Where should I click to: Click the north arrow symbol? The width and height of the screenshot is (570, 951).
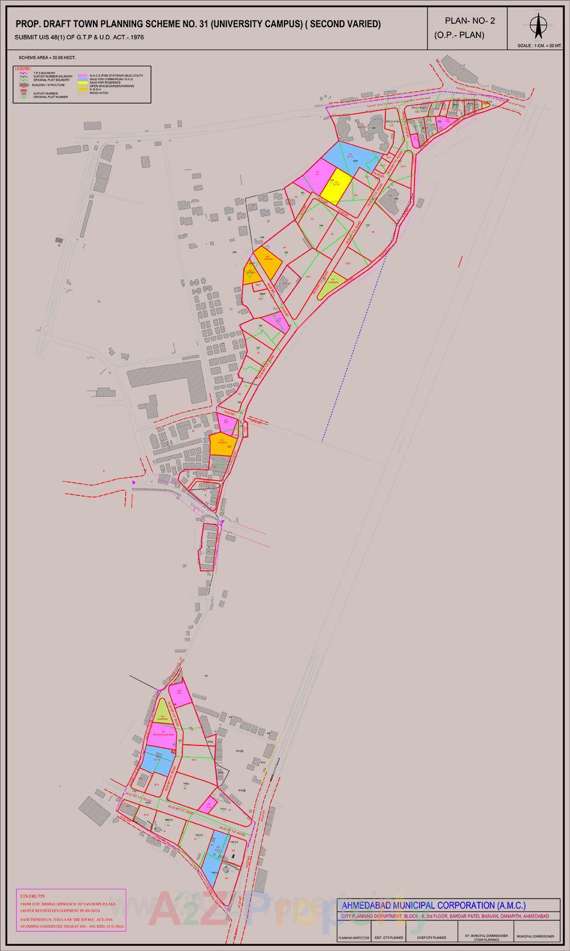[536, 26]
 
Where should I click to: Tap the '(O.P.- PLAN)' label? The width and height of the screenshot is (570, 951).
[459, 35]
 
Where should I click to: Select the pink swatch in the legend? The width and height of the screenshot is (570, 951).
[83, 75]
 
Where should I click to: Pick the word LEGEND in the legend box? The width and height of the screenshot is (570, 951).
[23, 68]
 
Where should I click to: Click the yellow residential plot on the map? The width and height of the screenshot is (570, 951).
[334, 185]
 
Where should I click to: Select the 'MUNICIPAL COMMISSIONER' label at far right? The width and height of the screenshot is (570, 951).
[535, 936]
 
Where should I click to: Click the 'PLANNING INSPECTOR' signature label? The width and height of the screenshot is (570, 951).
[353, 937]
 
